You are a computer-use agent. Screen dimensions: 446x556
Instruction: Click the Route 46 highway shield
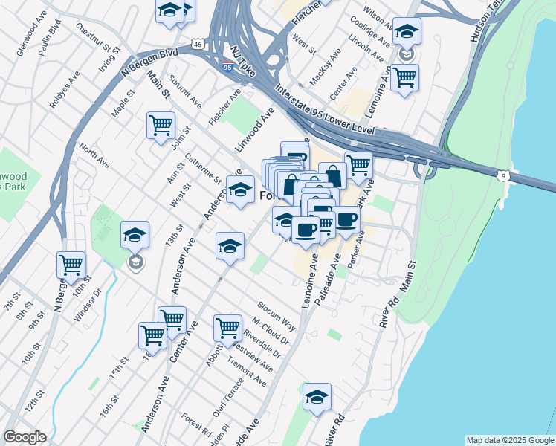tap(197, 45)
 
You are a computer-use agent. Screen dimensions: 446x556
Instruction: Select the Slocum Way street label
tap(277, 316)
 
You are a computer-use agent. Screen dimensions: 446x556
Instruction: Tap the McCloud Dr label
tap(270, 332)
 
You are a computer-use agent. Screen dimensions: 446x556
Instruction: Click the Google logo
tap(25, 437)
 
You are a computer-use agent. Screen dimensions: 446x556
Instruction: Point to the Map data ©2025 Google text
tap(509, 440)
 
